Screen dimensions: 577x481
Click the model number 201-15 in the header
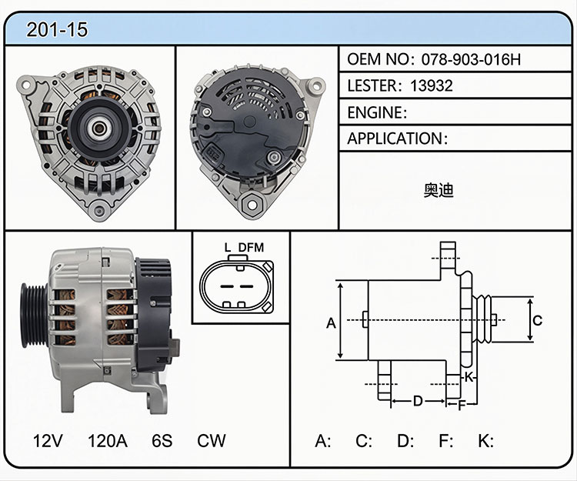[x=57, y=29]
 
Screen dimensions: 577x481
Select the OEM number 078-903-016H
[x=471, y=59]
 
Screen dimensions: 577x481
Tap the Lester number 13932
[x=432, y=85]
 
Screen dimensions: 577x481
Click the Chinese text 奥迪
[x=438, y=190]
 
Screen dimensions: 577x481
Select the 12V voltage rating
[x=48, y=440]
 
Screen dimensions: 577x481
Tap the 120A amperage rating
[x=108, y=440]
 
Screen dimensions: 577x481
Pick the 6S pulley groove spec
[x=162, y=440]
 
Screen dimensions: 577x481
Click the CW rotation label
[x=212, y=440]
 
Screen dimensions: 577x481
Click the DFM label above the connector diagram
[x=251, y=247]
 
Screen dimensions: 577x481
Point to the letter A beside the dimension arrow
[x=331, y=323]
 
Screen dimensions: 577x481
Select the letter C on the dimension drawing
[x=538, y=320]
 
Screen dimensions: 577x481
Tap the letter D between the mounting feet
[x=418, y=401]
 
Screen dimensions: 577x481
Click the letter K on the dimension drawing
[x=469, y=377]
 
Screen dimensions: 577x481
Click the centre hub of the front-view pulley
[x=98, y=129]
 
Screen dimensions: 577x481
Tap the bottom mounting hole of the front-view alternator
[x=99, y=211]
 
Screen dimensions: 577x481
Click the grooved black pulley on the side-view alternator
[x=34, y=316]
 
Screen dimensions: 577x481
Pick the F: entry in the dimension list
[x=446, y=440]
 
